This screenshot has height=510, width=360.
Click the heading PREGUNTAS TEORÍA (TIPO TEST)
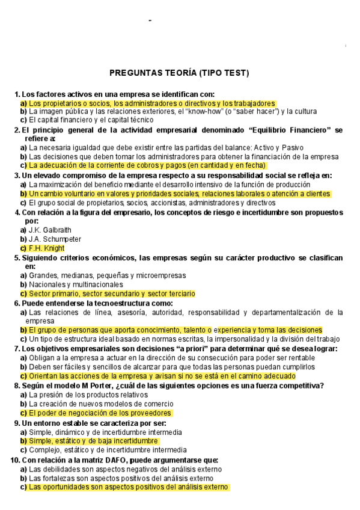click(x=179, y=73)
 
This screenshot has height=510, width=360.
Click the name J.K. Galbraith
click(x=50, y=230)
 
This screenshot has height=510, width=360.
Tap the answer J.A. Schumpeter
click(x=55, y=239)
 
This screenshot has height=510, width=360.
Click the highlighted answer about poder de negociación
click(x=100, y=413)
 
